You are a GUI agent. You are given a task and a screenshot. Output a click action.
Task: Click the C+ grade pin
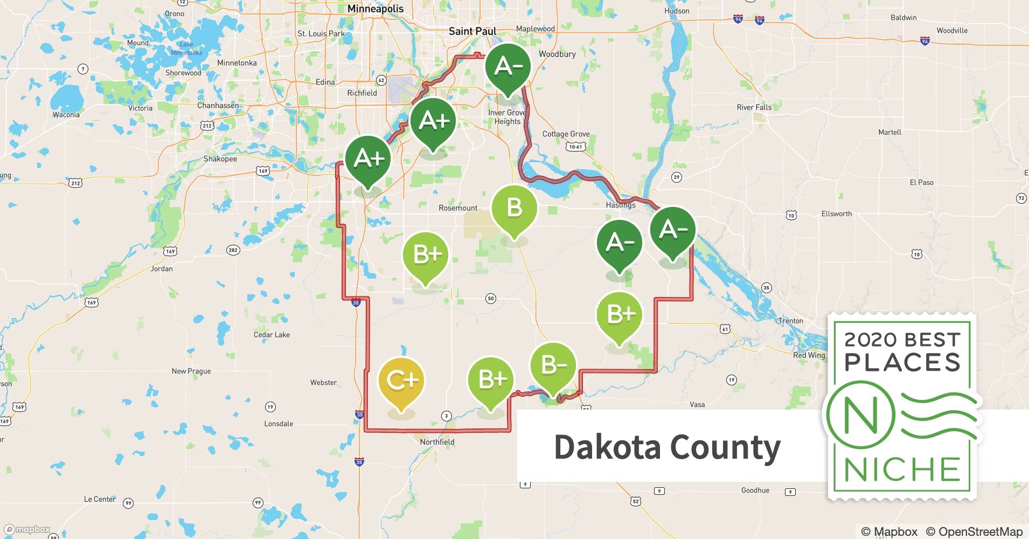[x=401, y=382]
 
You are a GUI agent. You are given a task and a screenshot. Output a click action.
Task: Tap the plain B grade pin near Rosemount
[x=514, y=208]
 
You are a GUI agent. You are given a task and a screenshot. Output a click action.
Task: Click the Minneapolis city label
[x=376, y=9]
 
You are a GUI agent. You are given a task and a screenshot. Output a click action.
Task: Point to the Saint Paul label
[x=472, y=31]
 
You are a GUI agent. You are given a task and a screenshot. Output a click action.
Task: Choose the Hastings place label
[x=621, y=205]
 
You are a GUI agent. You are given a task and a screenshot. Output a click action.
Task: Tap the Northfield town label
[x=437, y=442]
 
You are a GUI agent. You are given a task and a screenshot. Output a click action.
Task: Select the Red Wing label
[x=809, y=355]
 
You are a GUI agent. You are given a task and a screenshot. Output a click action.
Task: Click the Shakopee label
[x=220, y=159]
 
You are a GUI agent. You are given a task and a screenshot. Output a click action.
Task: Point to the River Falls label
[x=754, y=107]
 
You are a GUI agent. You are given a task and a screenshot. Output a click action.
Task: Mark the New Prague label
[x=191, y=371]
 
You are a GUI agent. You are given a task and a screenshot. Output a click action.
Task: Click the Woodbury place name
[x=557, y=54]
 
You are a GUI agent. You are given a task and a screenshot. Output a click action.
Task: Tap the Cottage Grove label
[x=566, y=134]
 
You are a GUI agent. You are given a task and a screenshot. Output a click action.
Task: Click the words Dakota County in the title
[x=667, y=447]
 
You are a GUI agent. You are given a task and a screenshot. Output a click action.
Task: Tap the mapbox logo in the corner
[x=27, y=529]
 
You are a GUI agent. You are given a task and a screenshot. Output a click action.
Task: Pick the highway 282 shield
[x=233, y=250]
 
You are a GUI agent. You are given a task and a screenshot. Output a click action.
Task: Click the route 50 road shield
[x=490, y=298]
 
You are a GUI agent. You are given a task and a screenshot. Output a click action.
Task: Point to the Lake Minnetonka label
[x=186, y=49]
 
